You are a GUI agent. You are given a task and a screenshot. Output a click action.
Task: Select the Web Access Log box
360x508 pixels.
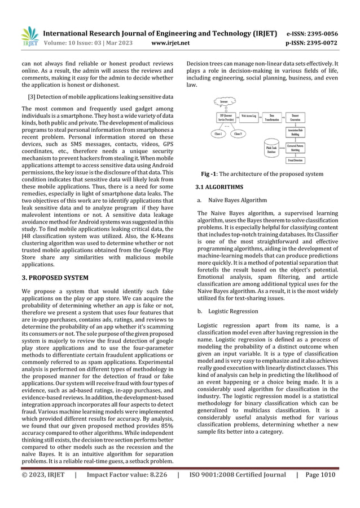(249, 116)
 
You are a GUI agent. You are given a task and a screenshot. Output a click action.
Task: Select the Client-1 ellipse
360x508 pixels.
(216, 134)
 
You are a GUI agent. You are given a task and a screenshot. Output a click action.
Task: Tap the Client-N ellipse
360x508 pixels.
(238, 134)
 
